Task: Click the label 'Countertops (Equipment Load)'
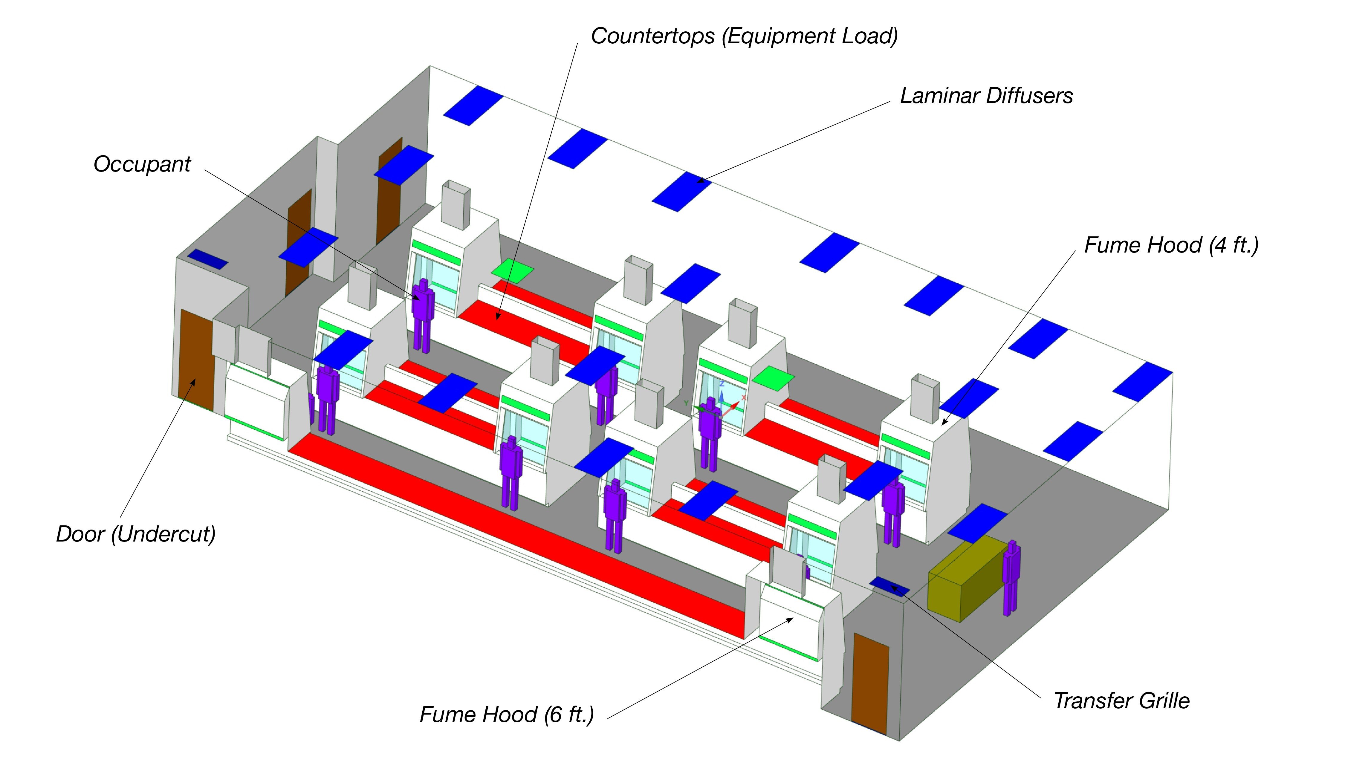click(744, 36)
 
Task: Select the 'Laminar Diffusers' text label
click(986, 96)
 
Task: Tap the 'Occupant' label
click(142, 164)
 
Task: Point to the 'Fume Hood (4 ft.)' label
click(1171, 245)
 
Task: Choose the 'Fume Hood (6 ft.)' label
click(506, 714)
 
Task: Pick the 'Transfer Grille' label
click(1121, 701)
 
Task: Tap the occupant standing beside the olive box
click(1011, 577)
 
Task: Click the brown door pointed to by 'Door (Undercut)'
click(196, 360)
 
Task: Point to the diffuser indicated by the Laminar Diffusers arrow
click(681, 192)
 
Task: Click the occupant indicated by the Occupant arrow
click(422, 313)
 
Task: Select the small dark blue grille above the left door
click(207, 259)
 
